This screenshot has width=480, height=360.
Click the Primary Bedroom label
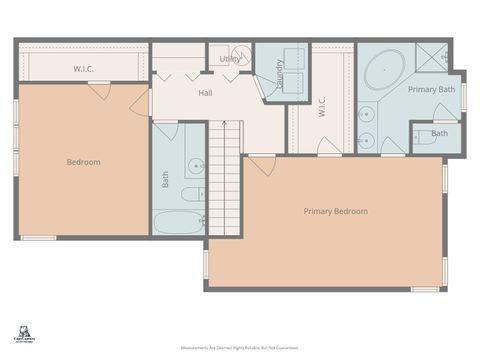click(x=335, y=211)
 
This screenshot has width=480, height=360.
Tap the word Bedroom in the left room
click(x=83, y=162)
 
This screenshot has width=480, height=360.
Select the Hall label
click(x=205, y=93)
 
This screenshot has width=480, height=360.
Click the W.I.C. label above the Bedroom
click(x=83, y=69)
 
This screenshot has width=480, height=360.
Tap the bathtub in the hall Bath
click(x=179, y=222)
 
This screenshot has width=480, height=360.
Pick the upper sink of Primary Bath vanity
click(x=367, y=112)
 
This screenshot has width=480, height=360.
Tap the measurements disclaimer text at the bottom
click(x=239, y=348)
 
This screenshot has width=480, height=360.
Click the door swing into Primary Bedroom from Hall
click(x=263, y=166)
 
